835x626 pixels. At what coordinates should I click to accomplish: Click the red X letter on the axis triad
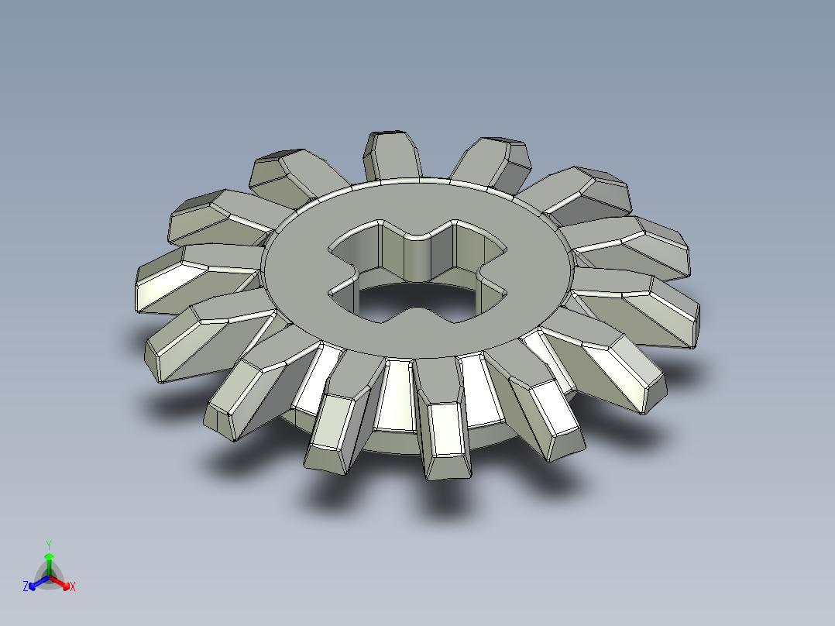pyautogui.click(x=72, y=587)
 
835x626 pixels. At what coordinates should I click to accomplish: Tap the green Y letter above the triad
pyautogui.click(x=49, y=544)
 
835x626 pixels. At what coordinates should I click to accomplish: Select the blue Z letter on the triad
pyautogui.click(x=26, y=587)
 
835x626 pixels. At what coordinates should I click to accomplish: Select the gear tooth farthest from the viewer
pyautogui.click(x=393, y=155)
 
